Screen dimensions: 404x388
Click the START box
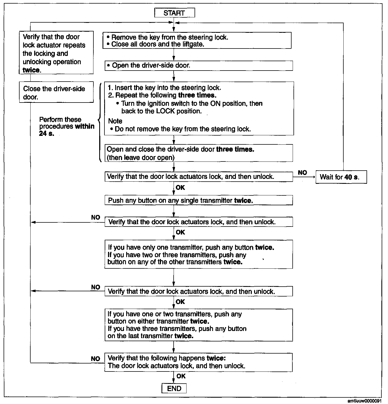click(x=174, y=13)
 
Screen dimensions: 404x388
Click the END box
click(x=174, y=389)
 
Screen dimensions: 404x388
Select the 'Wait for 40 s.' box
click(x=341, y=177)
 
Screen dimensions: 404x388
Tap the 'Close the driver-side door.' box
click(x=56, y=93)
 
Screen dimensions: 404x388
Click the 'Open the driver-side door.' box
click(x=198, y=66)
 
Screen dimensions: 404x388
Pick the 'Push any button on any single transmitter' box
click(x=198, y=200)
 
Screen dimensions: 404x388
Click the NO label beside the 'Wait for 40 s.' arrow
click(x=302, y=173)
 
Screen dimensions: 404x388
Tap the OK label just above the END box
click(x=181, y=376)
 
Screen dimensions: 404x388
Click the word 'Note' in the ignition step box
click(x=115, y=121)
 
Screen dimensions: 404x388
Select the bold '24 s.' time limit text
click(x=47, y=134)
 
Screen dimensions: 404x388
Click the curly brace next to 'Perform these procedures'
click(x=99, y=122)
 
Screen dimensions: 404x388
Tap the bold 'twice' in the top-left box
click(x=31, y=70)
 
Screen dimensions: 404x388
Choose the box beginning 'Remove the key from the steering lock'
click(x=197, y=41)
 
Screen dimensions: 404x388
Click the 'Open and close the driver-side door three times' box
click(x=198, y=153)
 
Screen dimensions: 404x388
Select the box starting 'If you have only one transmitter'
click(x=198, y=254)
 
